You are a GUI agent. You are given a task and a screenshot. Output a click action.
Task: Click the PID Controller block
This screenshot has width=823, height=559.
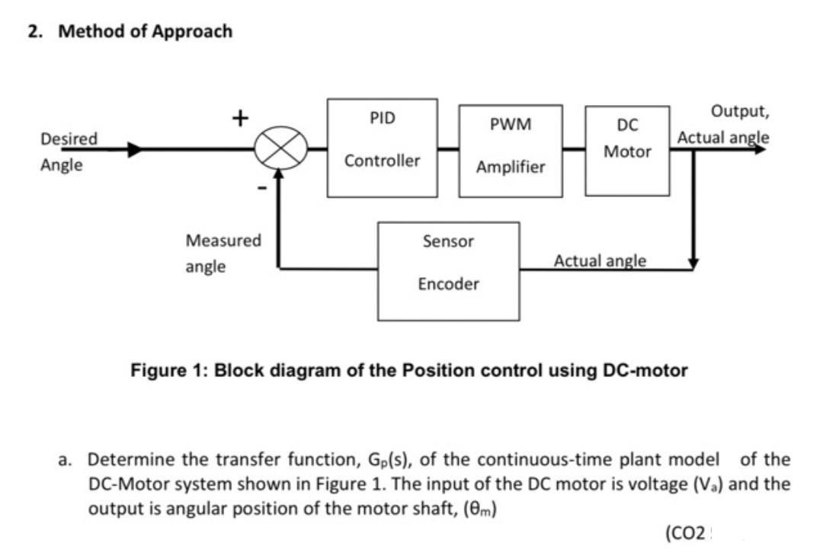point(383,147)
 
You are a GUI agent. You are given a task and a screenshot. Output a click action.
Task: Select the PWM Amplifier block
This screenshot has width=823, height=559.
point(511,151)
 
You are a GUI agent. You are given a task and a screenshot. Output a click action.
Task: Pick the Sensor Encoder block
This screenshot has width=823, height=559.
point(450,270)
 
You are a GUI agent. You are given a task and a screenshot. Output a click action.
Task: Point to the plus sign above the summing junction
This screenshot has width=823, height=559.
point(240,118)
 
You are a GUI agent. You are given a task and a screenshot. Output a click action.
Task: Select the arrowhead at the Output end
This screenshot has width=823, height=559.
point(760,149)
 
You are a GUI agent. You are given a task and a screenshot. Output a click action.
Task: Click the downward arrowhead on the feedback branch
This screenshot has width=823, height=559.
point(693,263)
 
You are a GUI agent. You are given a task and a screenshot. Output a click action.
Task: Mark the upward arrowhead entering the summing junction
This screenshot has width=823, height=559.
point(280,175)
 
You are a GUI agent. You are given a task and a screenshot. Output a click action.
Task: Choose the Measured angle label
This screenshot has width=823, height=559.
point(223,253)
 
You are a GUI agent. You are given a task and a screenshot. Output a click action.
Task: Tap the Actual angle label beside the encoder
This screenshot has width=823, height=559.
point(600,260)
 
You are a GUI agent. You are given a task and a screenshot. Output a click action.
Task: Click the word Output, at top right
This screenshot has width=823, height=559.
point(739,112)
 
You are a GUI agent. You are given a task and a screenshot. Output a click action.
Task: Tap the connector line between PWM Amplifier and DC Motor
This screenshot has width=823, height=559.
point(574,149)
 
